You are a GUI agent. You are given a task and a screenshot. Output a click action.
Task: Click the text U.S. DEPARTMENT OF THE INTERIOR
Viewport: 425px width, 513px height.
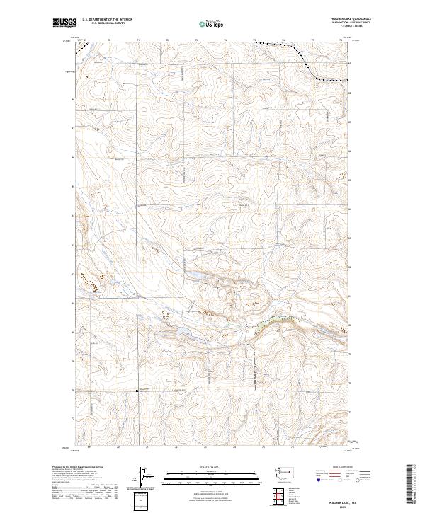tap(107, 20)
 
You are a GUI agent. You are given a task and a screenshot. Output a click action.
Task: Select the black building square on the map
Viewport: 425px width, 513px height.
tap(137, 390)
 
